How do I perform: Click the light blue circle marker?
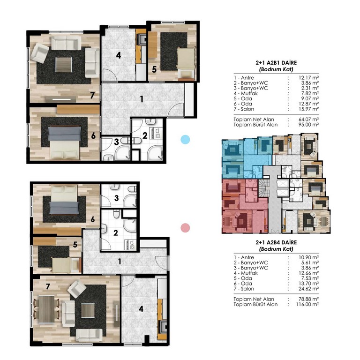(185, 140)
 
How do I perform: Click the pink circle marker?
(185, 228)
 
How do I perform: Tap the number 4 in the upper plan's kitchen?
(119, 55)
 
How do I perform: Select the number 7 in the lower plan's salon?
(48, 286)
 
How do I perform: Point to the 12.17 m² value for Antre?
(308, 78)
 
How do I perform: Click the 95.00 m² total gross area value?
(308, 125)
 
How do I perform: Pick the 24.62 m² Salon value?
(308, 289)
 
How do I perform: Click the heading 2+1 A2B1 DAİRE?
(276, 63)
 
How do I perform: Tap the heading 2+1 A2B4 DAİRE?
(276, 242)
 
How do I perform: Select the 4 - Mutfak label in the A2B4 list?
(246, 273)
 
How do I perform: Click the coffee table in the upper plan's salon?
(64, 65)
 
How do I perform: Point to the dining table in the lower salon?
(46, 309)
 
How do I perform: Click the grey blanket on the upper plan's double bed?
(65, 134)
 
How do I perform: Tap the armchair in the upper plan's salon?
(39, 53)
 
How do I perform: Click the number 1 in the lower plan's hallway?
(120, 262)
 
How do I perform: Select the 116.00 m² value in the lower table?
(307, 304)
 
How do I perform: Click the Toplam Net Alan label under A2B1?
(254, 120)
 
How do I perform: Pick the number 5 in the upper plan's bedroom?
(154, 69)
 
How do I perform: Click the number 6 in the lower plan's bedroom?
(93, 219)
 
